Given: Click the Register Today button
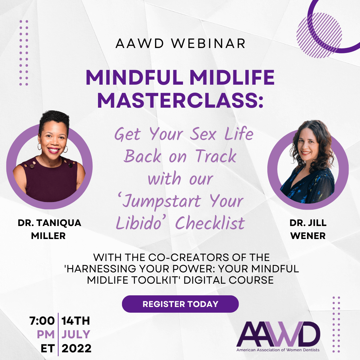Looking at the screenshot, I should coord(180,304).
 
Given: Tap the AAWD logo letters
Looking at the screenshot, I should coord(278,334).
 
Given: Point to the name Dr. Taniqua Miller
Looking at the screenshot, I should coord(49,229).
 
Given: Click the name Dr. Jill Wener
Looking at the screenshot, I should coord(308,229).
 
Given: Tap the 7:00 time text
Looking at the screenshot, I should coord(42,321).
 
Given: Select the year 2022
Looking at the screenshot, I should coord(76,348).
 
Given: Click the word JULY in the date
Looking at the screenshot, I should coord(76,334).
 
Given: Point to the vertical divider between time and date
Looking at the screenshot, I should coord(58,334).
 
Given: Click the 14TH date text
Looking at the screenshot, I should coord(76,321).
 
